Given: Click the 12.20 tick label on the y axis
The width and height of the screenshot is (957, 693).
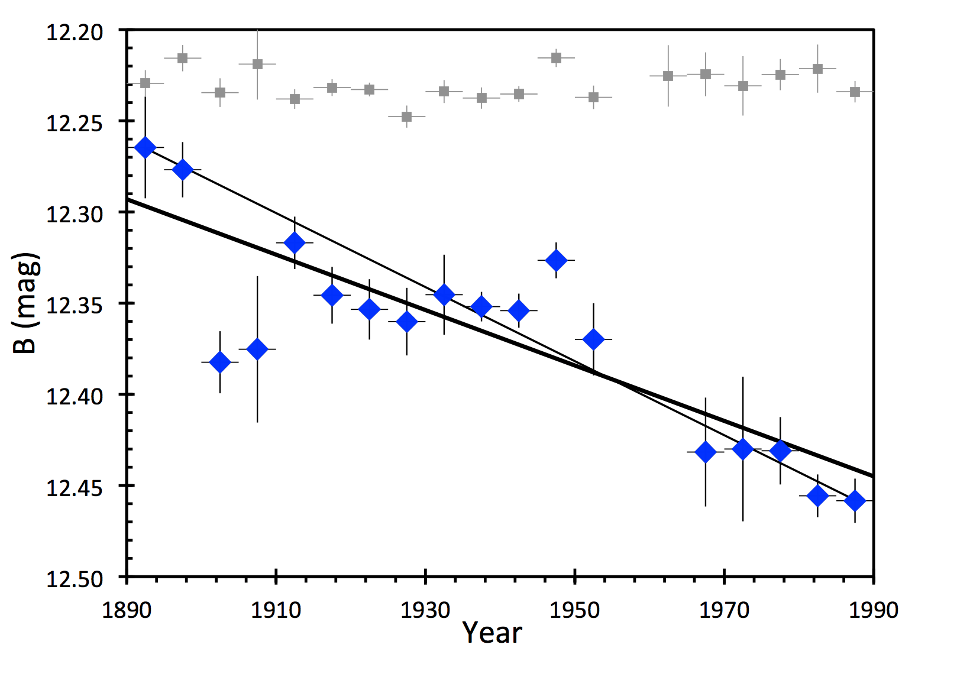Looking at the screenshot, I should pos(75,31).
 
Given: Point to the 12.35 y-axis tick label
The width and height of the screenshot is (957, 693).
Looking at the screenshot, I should pos(75,305).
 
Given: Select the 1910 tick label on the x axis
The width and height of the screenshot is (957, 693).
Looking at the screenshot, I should pos(276,609).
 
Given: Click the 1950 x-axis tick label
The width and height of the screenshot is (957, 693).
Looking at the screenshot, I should pos(575,609).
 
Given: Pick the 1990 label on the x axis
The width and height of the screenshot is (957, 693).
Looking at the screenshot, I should pos(874,609).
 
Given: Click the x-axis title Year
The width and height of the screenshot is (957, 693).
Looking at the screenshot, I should pos(492,633).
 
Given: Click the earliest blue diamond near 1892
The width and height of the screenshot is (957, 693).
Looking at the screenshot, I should pos(145,147).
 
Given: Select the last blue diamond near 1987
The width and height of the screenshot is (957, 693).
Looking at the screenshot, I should pos(855,501).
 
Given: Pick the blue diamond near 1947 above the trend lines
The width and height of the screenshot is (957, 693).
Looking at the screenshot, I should pos(556,260).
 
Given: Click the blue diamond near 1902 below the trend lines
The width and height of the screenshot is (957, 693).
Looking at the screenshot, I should pos(220,362).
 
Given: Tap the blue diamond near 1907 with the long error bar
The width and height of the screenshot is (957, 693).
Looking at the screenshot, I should pos(257,349).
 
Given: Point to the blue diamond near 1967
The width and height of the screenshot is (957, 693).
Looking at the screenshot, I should pos(706,452).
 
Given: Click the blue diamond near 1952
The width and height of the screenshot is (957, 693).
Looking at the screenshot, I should pos(593,339).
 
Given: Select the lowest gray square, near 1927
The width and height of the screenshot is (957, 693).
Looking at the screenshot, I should pos(406,116).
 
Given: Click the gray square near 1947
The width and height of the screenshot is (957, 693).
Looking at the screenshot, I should pos(556,57).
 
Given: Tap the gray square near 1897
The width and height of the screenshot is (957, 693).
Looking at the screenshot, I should pos(183,58).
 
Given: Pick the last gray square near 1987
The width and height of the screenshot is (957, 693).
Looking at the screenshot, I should pos(855,92).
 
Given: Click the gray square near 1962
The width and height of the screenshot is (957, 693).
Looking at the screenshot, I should pos(668,76).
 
